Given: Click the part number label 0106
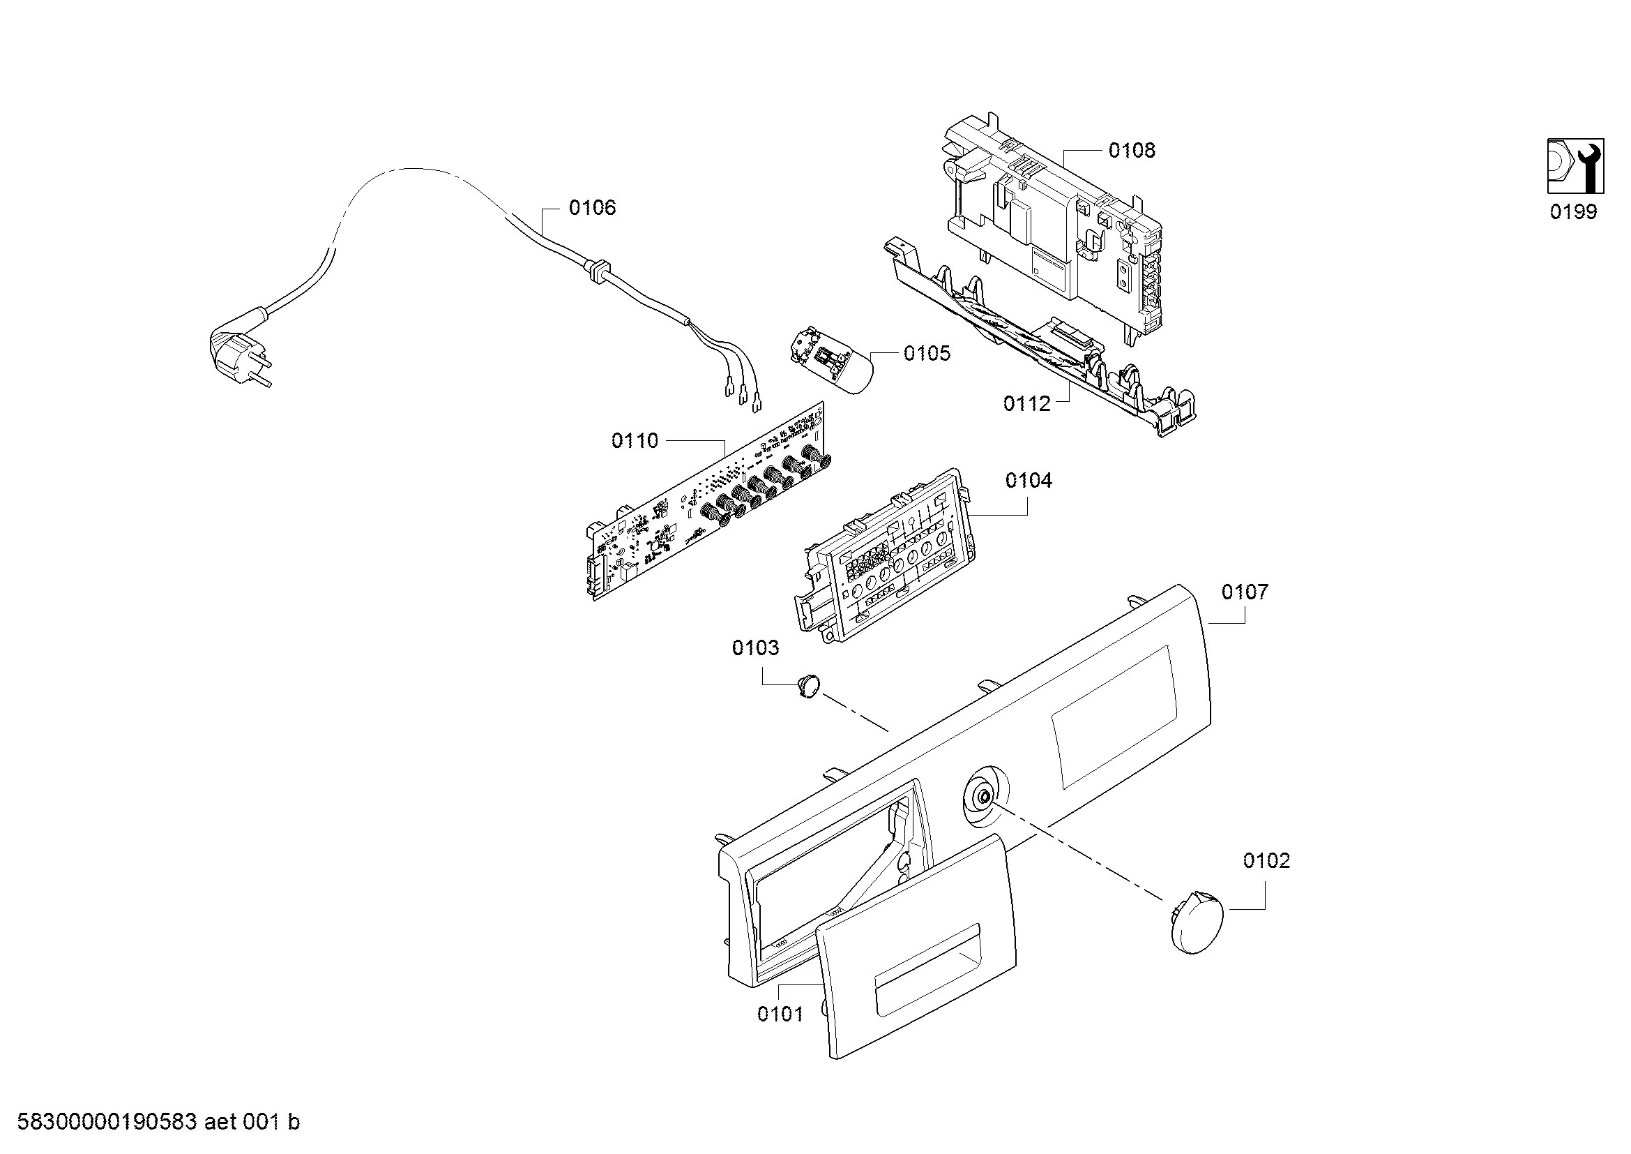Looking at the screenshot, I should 592,207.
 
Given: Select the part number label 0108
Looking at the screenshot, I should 1132,150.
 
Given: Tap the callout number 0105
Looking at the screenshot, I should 926,353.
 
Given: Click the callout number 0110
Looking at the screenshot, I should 635,440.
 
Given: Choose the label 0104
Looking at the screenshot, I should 1028,481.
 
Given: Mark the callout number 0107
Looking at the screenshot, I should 1245,592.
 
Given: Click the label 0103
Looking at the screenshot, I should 755,647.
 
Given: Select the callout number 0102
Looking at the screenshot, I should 1266,860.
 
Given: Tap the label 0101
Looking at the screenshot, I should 780,1014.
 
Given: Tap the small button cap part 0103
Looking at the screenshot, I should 807,687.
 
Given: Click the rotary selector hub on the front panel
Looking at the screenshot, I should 985,797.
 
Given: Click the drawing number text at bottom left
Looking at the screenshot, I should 158,1122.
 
